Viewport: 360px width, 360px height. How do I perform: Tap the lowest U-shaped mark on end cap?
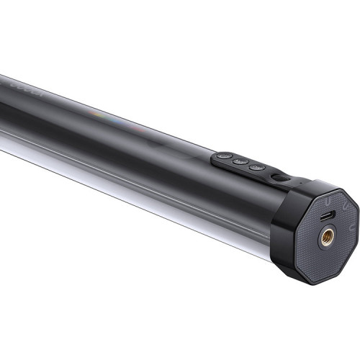(348, 229)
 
